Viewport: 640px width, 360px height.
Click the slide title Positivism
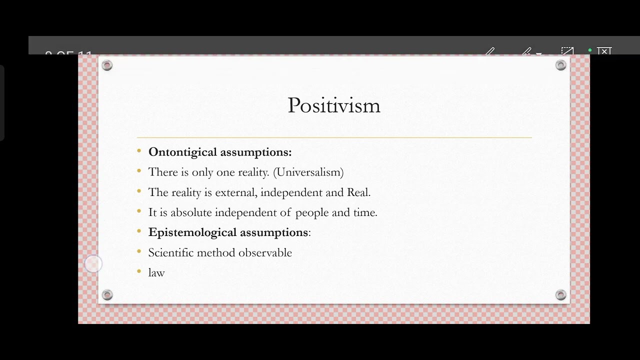[x=334, y=105]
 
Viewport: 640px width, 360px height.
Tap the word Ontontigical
[x=183, y=152]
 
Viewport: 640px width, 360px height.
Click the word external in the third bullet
[x=235, y=192]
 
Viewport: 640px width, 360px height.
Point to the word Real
[x=358, y=192]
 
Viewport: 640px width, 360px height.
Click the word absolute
[x=191, y=212]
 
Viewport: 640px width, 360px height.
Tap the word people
[x=312, y=213]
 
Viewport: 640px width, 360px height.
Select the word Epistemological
[x=185, y=232]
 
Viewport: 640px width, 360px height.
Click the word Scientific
[x=170, y=252]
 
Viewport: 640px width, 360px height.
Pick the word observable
[x=265, y=252]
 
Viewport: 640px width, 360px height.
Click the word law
[x=156, y=272]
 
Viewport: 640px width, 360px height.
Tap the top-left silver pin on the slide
[x=107, y=65]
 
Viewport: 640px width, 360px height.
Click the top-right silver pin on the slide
[x=561, y=65]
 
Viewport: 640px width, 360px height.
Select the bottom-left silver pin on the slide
[x=107, y=295]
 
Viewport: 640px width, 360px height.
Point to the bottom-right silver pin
[x=561, y=295]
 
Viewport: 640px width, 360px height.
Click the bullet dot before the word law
[x=139, y=271]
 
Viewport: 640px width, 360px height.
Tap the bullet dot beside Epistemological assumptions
[x=139, y=231]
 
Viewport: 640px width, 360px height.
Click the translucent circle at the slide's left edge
[x=93, y=263]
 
